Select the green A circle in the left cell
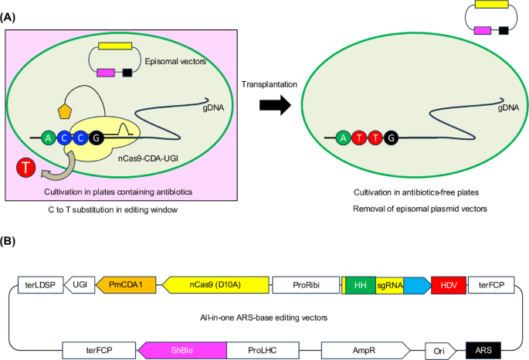pos(49,139)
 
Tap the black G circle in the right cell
pos(392,139)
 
